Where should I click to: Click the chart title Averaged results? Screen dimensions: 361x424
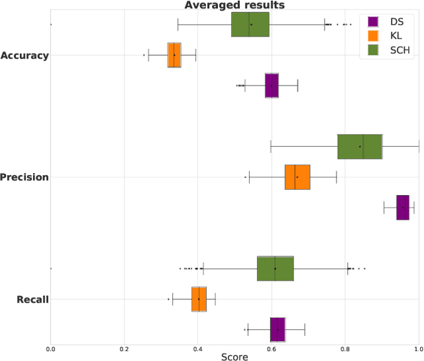click(234, 5)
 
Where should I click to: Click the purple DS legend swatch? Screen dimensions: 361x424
click(372, 22)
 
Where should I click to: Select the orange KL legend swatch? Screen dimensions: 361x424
click(372, 36)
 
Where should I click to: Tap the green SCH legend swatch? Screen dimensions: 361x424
click(372, 50)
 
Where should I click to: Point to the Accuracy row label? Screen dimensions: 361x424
click(25, 55)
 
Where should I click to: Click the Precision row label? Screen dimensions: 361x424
click(25, 177)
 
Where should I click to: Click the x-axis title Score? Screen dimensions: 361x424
click(235, 357)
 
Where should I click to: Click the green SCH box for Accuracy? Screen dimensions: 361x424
click(250, 25)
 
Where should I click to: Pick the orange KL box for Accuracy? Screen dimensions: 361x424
click(174, 55)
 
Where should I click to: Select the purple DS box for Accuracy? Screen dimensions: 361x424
click(272, 86)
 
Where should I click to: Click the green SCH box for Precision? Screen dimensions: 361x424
click(360, 146)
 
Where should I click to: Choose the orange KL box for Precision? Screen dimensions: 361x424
click(297, 177)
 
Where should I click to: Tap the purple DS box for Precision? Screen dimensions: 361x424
click(403, 207)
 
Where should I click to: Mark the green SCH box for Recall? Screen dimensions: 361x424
click(275, 268)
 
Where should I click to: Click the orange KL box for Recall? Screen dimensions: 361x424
click(199, 299)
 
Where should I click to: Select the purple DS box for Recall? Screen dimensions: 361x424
click(278, 329)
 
